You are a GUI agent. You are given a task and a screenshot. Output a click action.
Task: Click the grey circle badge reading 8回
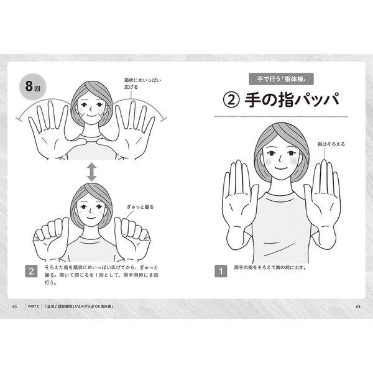(x=32, y=86)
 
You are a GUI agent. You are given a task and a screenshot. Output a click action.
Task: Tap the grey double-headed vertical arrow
(x=91, y=172)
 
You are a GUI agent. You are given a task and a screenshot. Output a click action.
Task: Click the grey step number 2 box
(x=31, y=271)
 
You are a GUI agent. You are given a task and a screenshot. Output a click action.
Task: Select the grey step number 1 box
(x=221, y=271)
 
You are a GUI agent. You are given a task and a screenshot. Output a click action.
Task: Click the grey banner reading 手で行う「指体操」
(x=281, y=79)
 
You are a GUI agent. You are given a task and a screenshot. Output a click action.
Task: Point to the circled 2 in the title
(x=231, y=100)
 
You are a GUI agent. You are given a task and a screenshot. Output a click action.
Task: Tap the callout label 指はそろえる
(x=331, y=144)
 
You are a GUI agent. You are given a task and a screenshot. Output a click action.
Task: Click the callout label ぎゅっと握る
(x=140, y=207)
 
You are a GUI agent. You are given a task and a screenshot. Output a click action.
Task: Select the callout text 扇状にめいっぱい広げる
(x=142, y=83)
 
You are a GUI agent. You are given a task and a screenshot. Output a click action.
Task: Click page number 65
(x=14, y=306)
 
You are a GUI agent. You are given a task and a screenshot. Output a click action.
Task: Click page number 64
(x=358, y=306)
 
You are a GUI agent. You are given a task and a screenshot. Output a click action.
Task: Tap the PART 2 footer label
(x=33, y=306)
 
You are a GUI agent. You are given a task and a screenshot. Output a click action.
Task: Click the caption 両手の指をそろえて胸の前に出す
(x=270, y=267)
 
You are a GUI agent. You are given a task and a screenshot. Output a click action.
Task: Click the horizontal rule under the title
(x=281, y=117)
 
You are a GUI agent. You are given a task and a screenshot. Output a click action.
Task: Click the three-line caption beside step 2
(x=101, y=275)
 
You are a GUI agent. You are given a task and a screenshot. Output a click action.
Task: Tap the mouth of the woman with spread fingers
(x=91, y=115)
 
